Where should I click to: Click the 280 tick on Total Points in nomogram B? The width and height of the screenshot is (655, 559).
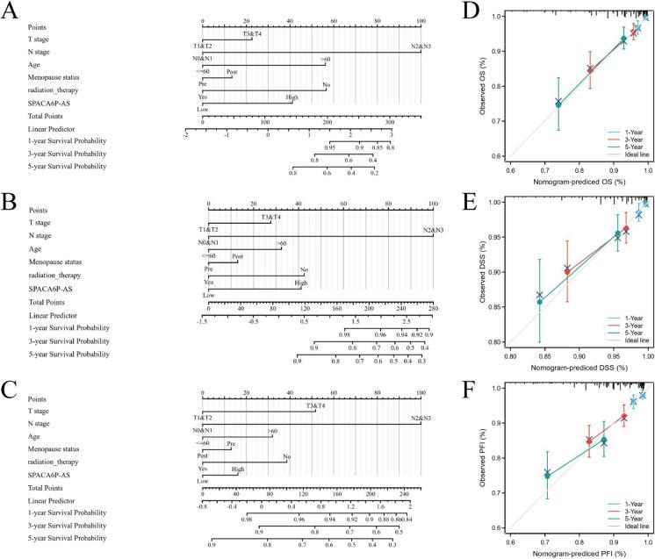[432, 309]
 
